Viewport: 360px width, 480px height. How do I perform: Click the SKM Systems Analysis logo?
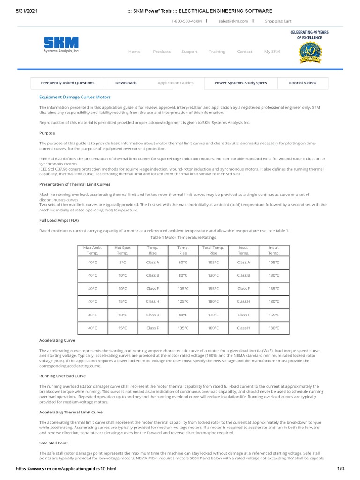tap(61, 45)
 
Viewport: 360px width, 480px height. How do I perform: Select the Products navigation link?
tap(162, 52)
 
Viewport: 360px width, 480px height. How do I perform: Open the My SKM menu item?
tap(272, 52)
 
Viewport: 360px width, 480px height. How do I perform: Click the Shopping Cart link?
tap(278, 21)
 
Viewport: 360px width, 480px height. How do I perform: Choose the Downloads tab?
tap(126, 83)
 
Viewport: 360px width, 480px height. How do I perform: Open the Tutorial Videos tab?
tap(302, 83)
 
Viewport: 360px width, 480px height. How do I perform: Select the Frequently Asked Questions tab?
tap(67, 83)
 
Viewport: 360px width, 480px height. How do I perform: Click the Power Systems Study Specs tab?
tap(240, 83)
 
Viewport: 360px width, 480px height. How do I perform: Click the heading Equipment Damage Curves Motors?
tap(75, 97)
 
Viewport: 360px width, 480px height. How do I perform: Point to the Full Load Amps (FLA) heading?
tap(59, 220)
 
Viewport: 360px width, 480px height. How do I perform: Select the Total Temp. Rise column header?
tap(213, 250)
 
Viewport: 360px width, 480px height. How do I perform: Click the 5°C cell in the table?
tap(123, 262)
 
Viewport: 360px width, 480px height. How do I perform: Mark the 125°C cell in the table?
tap(183, 302)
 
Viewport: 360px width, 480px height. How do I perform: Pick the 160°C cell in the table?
tap(213, 328)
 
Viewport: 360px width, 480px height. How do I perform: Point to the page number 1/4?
tap(340, 469)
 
